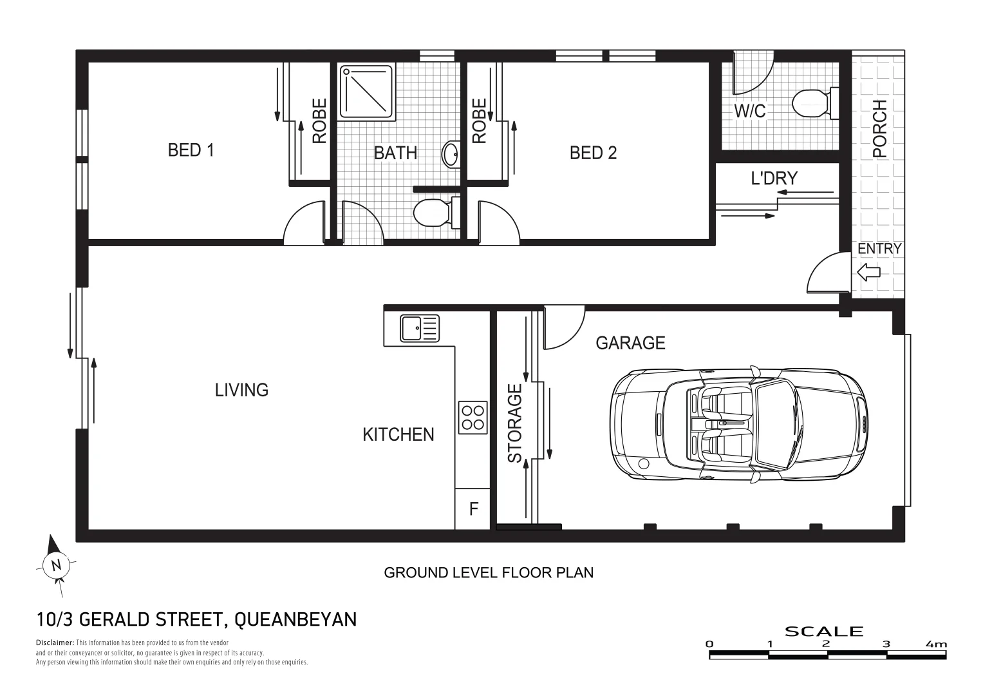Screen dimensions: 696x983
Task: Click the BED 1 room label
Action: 191,150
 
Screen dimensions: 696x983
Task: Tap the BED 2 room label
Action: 593,153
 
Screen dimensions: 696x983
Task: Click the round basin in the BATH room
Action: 451,154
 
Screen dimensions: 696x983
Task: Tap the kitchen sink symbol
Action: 419,328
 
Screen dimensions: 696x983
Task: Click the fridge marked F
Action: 473,509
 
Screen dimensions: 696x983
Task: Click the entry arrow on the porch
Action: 868,273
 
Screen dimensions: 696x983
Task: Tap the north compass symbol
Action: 56,565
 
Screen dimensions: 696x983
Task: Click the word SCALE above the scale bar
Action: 824,632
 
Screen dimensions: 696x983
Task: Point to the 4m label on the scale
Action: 936,644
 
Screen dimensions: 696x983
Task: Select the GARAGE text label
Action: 630,343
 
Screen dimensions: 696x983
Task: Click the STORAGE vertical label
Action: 515,423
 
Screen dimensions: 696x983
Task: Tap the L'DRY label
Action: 774,178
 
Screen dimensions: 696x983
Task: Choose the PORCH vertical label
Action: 879,129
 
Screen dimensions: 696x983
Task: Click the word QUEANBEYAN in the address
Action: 295,619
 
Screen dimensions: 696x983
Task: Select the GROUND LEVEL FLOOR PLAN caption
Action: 489,572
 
